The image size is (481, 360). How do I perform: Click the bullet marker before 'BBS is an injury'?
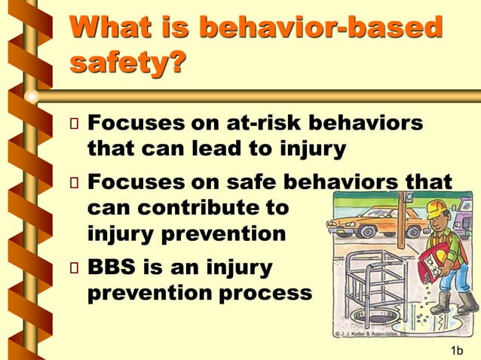pos(74,269)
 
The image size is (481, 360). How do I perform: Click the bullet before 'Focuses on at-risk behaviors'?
pos(74,124)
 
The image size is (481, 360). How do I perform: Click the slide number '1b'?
pos(456,350)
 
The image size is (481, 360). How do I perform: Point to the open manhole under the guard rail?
pos(375,316)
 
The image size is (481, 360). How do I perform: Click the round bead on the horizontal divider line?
pos(32,96)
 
